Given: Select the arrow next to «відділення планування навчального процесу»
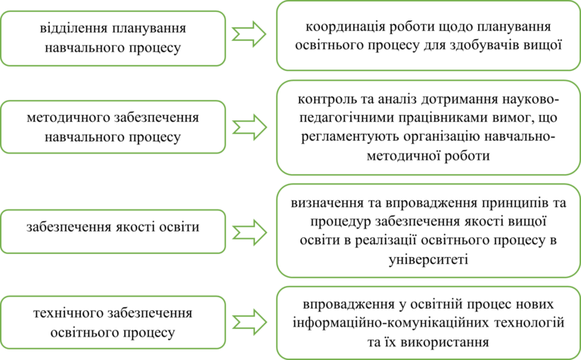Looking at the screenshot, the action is coord(249,34).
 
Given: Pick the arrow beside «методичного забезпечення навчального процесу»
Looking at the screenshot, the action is coord(250,127).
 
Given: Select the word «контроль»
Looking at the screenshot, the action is coord(322,99).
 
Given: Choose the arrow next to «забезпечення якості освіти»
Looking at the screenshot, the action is coord(250,232).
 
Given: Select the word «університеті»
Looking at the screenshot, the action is coord(428,259).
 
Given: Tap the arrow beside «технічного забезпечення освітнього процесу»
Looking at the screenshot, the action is coord(250,322).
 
